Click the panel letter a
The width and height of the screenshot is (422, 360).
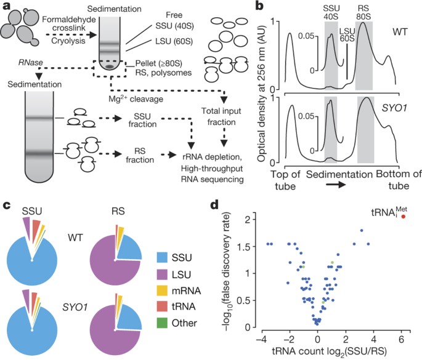point(7,7)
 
